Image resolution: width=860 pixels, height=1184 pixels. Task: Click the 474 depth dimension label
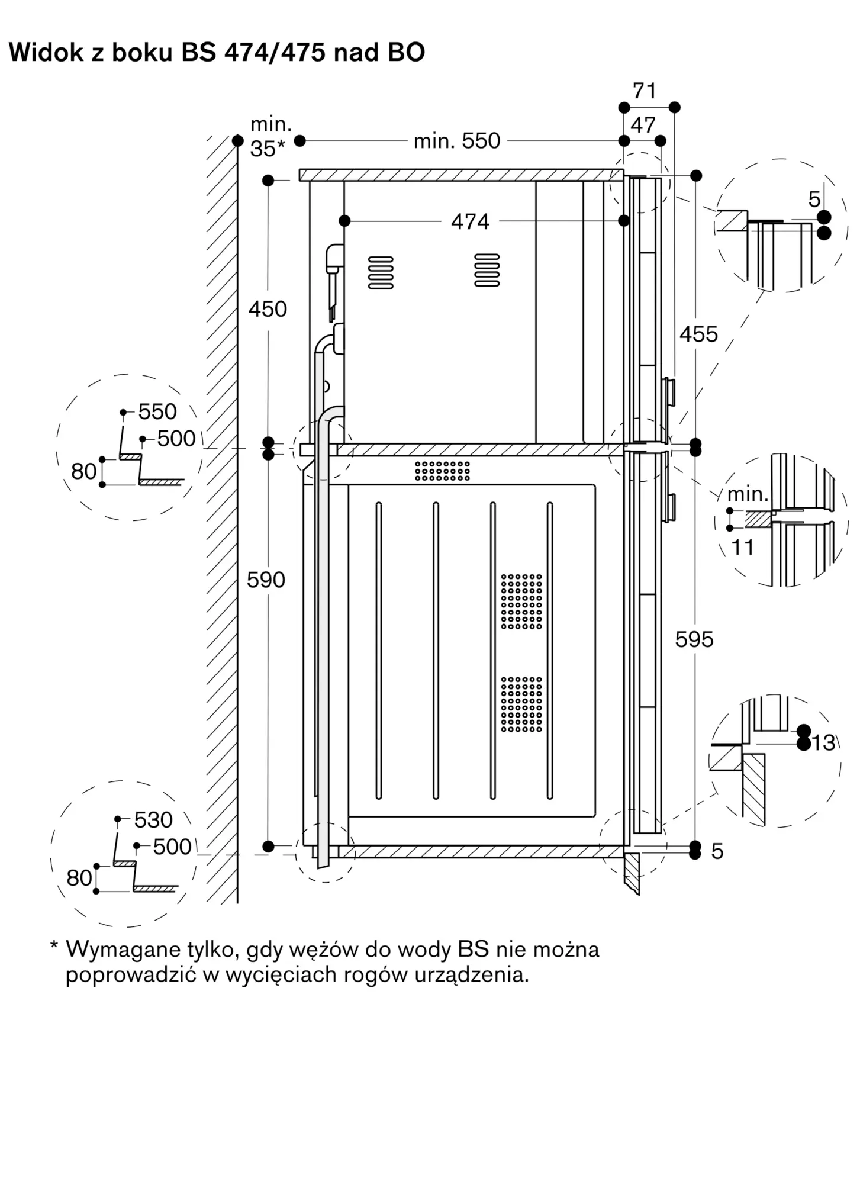click(x=470, y=221)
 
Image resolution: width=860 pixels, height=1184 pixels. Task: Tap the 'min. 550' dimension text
click(x=457, y=141)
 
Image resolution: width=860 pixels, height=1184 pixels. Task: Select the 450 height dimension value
click(x=268, y=309)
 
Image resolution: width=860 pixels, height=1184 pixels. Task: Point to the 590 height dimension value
click(x=266, y=580)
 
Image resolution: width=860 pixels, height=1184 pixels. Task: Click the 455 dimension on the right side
click(x=698, y=334)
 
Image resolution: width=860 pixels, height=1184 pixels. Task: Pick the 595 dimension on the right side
click(x=694, y=639)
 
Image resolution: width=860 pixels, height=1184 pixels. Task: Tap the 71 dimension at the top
click(x=645, y=91)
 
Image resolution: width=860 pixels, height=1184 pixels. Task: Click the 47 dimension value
click(x=643, y=126)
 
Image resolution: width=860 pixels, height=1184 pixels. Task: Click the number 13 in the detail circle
click(x=823, y=742)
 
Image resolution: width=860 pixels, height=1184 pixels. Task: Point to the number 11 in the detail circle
click(x=743, y=548)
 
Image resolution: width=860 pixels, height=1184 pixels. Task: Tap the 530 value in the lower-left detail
click(x=153, y=820)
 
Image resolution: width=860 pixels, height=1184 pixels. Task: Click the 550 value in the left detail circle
click(x=157, y=412)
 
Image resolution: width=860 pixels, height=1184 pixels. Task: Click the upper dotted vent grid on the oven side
click(x=521, y=601)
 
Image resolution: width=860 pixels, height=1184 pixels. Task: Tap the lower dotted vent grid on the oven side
click(x=521, y=704)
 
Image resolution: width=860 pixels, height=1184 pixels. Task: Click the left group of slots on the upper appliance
click(x=381, y=273)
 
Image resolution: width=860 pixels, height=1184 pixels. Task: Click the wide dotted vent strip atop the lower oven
click(x=442, y=471)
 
